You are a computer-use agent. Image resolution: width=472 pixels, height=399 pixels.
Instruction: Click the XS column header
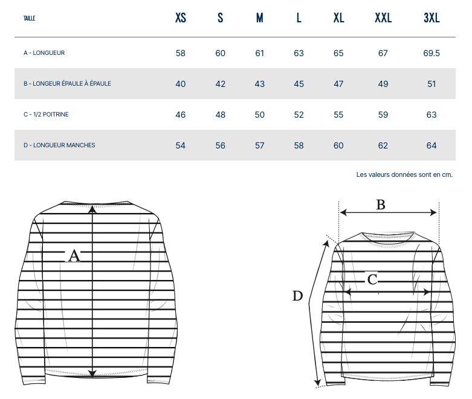click(181, 18)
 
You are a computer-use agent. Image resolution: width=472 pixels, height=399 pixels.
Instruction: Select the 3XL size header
click(432, 18)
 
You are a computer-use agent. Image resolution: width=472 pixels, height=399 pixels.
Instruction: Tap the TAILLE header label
click(29, 18)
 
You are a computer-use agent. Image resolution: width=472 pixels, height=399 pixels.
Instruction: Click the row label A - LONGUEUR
click(44, 53)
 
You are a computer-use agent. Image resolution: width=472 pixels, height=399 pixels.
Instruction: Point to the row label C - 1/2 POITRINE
click(46, 115)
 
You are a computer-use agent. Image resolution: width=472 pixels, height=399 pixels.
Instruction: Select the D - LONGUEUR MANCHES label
click(59, 145)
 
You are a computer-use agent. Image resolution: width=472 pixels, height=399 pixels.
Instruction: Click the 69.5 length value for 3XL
click(432, 53)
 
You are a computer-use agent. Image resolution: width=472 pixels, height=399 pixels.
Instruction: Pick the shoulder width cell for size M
click(259, 84)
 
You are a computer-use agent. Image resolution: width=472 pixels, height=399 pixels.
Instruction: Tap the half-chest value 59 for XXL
click(383, 115)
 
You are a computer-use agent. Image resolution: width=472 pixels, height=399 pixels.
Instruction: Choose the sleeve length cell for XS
click(180, 145)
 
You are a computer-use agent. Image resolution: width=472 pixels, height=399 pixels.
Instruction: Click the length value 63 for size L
click(299, 53)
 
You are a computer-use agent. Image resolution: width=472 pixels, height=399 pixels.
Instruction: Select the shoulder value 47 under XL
click(338, 84)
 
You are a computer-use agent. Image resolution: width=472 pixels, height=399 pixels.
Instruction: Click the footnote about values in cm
click(404, 174)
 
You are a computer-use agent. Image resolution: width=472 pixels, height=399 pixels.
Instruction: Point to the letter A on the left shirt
click(74, 256)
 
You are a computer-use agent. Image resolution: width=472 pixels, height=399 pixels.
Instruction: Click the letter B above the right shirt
click(381, 205)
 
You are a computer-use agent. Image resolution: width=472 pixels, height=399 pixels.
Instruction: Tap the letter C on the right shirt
click(372, 279)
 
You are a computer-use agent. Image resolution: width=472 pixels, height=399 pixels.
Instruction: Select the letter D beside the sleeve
click(297, 296)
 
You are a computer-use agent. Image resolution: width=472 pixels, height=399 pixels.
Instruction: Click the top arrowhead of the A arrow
click(92, 208)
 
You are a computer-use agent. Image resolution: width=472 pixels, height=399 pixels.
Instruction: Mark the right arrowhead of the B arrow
click(433, 212)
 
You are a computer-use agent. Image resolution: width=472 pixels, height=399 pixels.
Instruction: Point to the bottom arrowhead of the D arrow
click(317, 383)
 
